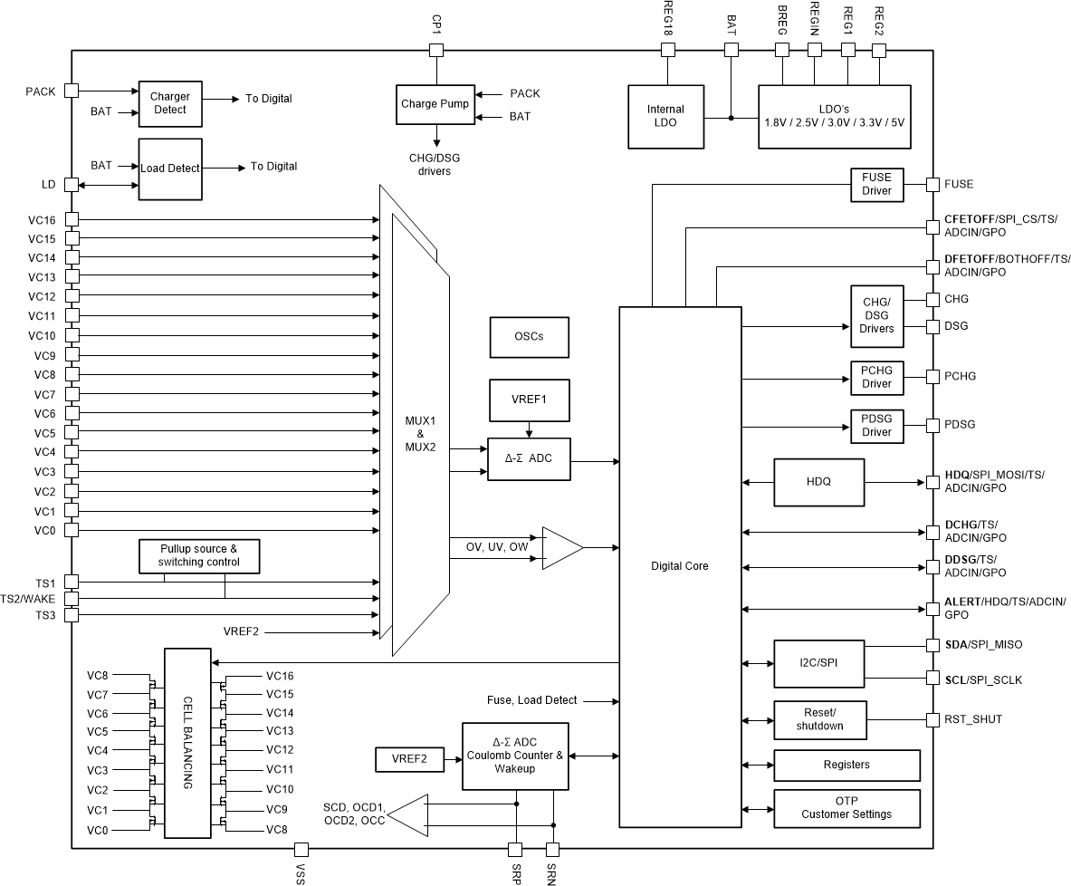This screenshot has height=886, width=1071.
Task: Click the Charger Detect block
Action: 169,103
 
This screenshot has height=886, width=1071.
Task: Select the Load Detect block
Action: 169,169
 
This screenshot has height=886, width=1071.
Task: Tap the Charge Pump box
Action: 435,104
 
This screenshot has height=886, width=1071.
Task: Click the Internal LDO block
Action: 665,117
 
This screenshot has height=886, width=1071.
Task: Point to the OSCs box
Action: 529,337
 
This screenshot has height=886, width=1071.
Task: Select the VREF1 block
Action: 529,400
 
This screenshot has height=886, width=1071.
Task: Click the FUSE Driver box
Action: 875,184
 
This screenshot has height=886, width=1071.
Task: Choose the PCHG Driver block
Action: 875,377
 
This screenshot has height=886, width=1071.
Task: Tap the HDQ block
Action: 818,482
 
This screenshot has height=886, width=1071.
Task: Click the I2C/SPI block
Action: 818,663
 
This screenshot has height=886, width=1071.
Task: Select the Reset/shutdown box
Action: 818,719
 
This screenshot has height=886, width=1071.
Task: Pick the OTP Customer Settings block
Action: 846,807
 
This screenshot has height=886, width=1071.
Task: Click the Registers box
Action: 846,765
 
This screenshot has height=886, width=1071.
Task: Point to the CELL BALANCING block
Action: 187,743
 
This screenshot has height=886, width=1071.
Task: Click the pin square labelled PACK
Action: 72,91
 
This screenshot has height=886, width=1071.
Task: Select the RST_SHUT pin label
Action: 973,719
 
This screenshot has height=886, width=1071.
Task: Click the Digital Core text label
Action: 679,566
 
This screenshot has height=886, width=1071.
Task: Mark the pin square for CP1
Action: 435,50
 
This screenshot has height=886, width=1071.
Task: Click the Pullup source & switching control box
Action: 198,556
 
